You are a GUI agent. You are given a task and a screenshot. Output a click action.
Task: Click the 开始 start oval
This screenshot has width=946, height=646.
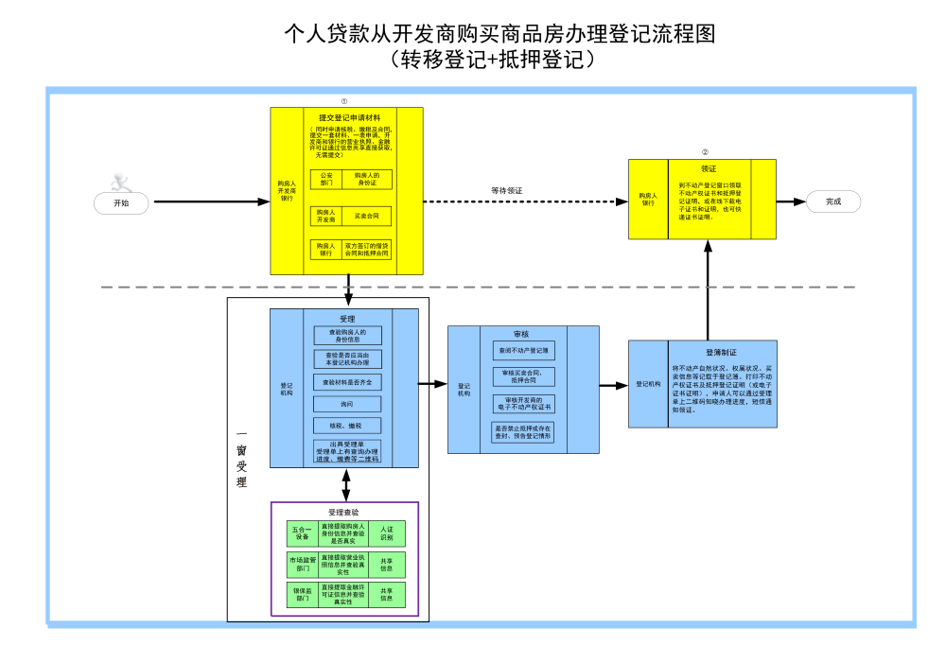pyautogui.click(x=121, y=201)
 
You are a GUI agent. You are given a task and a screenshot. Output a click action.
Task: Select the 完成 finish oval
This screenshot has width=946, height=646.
pyautogui.click(x=832, y=201)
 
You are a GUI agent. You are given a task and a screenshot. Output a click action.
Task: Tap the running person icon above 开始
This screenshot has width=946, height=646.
pyautogui.click(x=119, y=180)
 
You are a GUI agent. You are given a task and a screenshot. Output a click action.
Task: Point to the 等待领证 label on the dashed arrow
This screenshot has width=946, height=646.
pyautogui.click(x=507, y=190)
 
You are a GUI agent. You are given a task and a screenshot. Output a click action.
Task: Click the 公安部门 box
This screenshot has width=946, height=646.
pyautogui.click(x=326, y=179)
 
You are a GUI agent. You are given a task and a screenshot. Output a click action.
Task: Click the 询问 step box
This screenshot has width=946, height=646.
pyautogui.click(x=346, y=404)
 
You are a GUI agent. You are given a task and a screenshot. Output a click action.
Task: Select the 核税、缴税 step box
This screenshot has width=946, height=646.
pyautogui.click(x=346, y=426)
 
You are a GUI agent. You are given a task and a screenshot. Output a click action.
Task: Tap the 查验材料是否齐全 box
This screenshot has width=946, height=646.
pyautogui.click(x=346, y=382)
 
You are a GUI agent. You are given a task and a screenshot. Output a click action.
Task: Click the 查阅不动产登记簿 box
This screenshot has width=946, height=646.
pyautogui.click(x=523, y=350)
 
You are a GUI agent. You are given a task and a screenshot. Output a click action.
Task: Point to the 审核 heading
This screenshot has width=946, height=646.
pyautogui.click(x=521, y=334)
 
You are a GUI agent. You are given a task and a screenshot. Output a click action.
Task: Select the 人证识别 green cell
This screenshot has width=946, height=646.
pyautogui.click(x=386, y=533)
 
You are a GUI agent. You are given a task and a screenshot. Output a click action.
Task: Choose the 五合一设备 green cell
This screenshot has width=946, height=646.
pyautogui.click(x=301, y=533)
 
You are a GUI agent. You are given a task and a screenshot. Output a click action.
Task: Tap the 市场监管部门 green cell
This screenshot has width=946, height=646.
pyautogui.click(x=302, y=565)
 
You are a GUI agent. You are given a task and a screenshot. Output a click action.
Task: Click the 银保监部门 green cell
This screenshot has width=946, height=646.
pyautogui.click(x=302, y=594)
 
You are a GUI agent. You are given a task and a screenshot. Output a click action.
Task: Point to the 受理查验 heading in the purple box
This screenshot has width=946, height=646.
pyautogui.click(x=343, y=512)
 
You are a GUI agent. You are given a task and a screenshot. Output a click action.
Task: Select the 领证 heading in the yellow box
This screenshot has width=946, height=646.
pyautogui.click(x=708, y=168)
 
